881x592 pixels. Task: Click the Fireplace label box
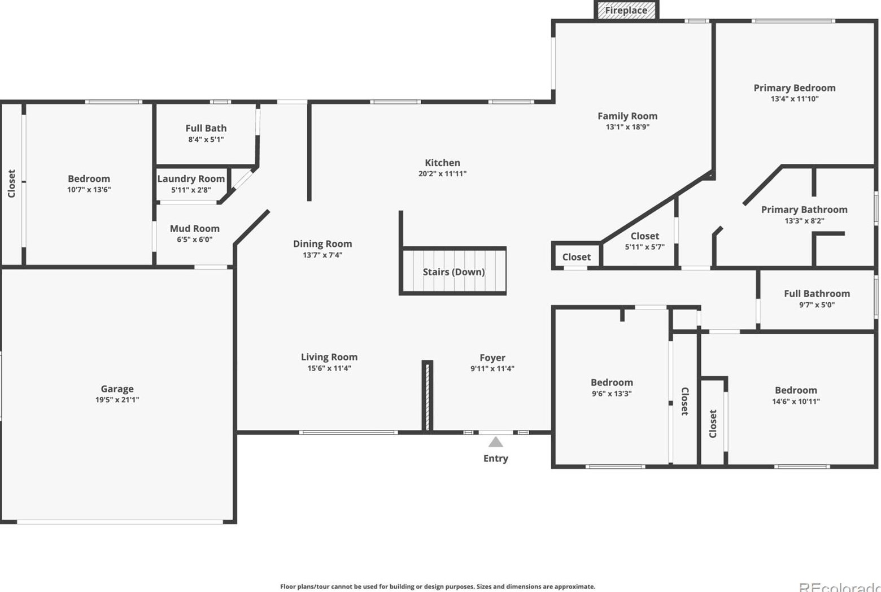pyautogui.click(x=626, y=10)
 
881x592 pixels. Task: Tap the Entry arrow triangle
pyautogui.click(x=495, y=442)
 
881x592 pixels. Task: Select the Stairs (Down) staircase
pyautogui.click(x=453, y=271)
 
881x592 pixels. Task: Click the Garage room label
pyautogui.click(x=117, y=389)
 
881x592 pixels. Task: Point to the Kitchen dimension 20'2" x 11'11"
pyautogui.click(x=442, y=174)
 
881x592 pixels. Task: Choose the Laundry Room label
pyautogui.click(x=191, y=179)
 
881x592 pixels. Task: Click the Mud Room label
pyautogui.click(x=194, y=229)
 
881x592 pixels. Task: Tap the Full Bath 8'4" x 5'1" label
pyautogui.click(x=206, y=133)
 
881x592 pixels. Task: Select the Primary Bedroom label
pyautogui.click(x=794, y=88)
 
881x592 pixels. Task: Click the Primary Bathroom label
pyautogui.click(x=804, y=210)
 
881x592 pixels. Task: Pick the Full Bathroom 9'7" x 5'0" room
pyautogui.click(x=817, y=299)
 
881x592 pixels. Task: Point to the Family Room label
pyautogui.click(x=627, y=116)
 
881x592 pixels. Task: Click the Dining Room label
pyautogui.click(x=322, y=244)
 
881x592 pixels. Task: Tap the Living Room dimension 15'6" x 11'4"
pyautogui.click(x=329, y=368)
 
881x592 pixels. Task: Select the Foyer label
pyautogui.click(x=492, y=358)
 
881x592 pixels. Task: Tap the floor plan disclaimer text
pyautogui.click(x=437, y=586)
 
